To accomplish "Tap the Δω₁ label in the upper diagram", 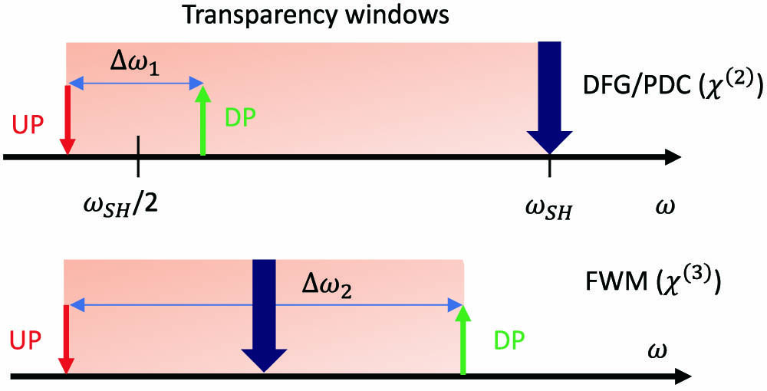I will [135, 59].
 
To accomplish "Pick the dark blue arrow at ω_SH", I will [549, 100].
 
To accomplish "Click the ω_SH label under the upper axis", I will [548, 208].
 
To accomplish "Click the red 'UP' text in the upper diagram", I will [27, 124].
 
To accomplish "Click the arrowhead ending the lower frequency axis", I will [681, 376].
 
